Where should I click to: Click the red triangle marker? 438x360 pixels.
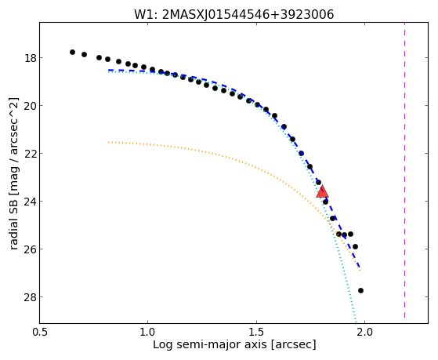322,191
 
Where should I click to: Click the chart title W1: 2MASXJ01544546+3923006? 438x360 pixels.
233,14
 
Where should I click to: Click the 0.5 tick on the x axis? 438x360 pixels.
40,332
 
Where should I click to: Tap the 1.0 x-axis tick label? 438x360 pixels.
147,332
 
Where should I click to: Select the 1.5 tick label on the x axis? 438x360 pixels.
256,332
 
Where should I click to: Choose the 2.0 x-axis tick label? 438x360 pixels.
365,332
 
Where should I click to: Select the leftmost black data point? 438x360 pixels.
72,52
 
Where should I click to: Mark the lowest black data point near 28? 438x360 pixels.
360,291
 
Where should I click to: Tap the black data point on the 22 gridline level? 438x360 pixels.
301,153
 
